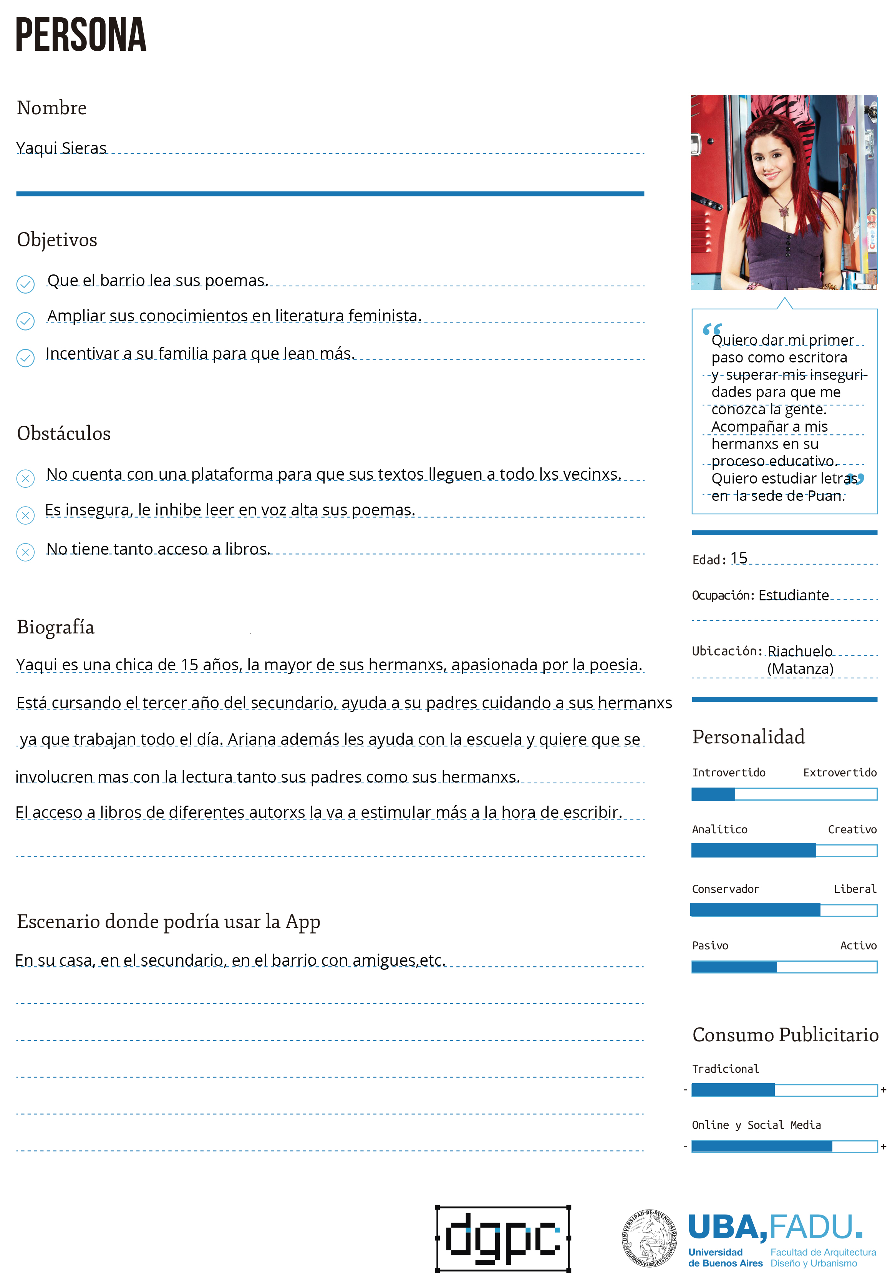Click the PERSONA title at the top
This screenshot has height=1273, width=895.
click(x=81, y=35)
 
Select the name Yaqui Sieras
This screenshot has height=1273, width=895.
click(x=61, y=148)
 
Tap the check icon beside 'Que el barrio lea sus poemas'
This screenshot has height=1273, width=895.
click(x=25, y=284)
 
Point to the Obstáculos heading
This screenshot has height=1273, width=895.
click(x=64, y=433)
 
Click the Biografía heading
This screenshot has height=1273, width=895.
click(x=55, y=627)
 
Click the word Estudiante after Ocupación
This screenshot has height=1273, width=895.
click(x=794, y=595)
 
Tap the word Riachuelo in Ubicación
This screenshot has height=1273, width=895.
click(x=800, y=651)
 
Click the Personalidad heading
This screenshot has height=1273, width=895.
click(x=748, y=737)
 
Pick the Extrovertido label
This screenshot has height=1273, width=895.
click(x=840, y=772)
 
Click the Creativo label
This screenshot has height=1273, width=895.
click(x=852, y=829)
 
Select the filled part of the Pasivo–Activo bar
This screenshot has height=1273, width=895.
click(x=734, y=967)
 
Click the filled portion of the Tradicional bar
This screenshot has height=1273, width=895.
click(x=733, y=1090)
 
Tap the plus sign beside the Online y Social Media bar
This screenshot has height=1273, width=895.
click(x=883, y=1147)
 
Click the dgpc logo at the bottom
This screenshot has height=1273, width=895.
click(x=503, y=1238)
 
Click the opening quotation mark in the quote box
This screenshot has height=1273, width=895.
click(x=711, y=329)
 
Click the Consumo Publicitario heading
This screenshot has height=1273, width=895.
click(x=785, y=1035)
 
